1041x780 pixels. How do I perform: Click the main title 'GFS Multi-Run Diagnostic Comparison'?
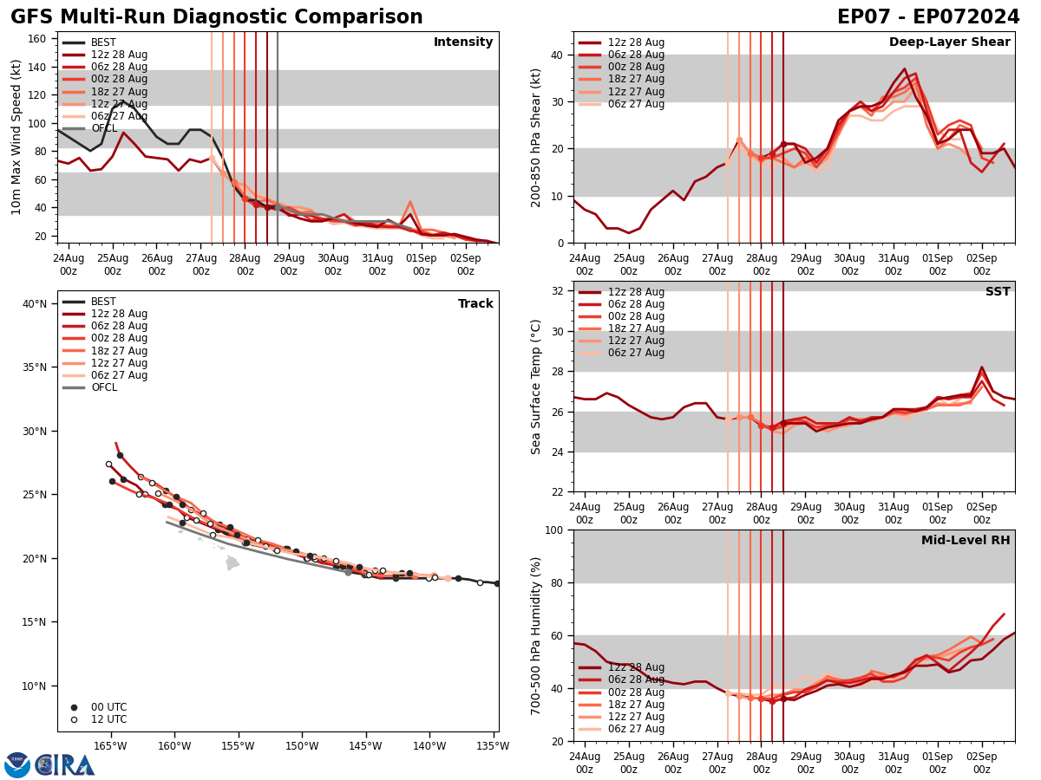point(217,17)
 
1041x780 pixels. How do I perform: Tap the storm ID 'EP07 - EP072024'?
point(928,17)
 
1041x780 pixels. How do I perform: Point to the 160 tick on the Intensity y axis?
point(39,38)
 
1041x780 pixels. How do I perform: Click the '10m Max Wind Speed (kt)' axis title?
point(16,137)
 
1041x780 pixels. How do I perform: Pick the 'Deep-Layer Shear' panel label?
point(949,42)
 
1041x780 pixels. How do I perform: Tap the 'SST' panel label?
point(997,292)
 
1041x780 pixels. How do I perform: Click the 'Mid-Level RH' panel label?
point(965,541)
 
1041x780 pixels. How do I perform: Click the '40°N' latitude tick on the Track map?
point(35,303)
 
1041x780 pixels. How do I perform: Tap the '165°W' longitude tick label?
point(110,746)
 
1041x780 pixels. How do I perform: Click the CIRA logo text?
point(65,764)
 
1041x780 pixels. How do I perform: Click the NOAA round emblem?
point(17,764)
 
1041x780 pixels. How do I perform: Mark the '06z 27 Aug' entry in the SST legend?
point(636,353)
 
